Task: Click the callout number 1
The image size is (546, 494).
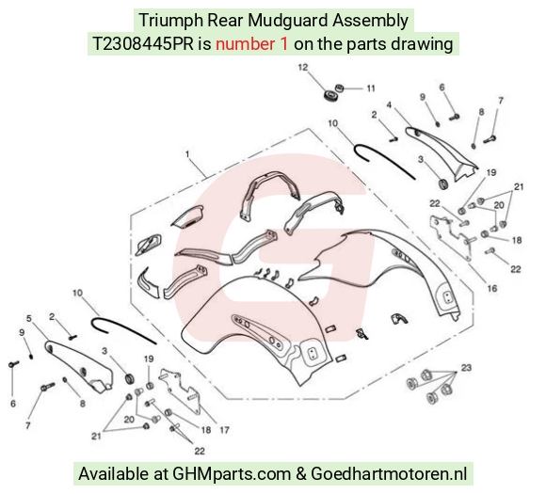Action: click(x=187, y=153)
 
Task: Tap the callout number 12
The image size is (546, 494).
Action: click(x=303, y=67)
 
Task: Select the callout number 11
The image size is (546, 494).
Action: click(x=371, y=88)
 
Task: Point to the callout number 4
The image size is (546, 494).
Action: click(x=389, y=104)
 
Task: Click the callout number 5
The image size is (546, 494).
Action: click(x=29, y=318)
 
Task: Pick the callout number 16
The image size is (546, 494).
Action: click(x=492, y=288)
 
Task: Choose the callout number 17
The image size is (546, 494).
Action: click(x=224, y=430)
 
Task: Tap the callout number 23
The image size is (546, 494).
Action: click(x=466, y=368)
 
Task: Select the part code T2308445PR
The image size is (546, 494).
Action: click(x=143, y=44)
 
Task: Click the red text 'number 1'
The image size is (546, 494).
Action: click(x=251, y=44)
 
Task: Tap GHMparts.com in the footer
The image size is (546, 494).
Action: click(x=232, y=474)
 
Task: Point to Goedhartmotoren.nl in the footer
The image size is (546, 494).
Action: click(x=389, y=474)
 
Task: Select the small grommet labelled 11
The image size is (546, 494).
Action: click(x=339, y=88)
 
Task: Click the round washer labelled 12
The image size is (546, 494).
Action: click(x=329, y=95)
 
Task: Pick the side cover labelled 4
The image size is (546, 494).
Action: click(x=442, y=152)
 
